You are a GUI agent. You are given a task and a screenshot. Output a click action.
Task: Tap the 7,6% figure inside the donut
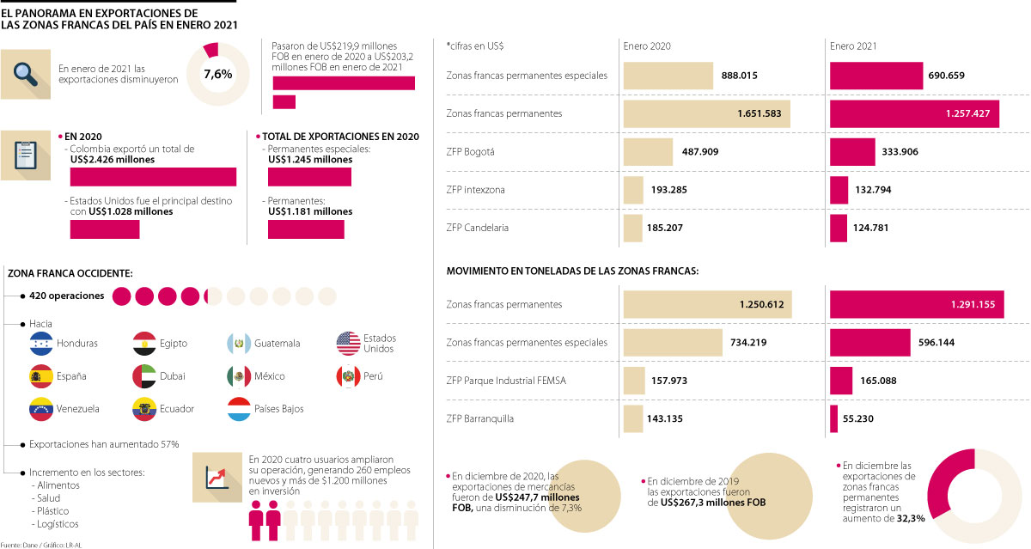point(217,74)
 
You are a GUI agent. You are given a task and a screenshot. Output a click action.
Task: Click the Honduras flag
point(41,344)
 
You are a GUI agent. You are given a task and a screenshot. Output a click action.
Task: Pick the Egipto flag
point(144,344)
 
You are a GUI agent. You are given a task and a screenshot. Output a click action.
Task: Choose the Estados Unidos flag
point(348,344)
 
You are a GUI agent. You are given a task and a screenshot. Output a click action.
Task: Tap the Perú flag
point(348,376)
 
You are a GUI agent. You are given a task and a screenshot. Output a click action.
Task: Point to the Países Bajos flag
point(239,408)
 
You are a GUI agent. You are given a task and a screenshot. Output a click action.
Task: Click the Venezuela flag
point(41,408)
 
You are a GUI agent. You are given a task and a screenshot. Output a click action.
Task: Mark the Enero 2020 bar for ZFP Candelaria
point(632,228)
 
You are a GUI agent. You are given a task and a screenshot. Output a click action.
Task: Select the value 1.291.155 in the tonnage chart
point(973,304)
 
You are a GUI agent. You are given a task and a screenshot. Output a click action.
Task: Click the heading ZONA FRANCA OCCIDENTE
point(70,272)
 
